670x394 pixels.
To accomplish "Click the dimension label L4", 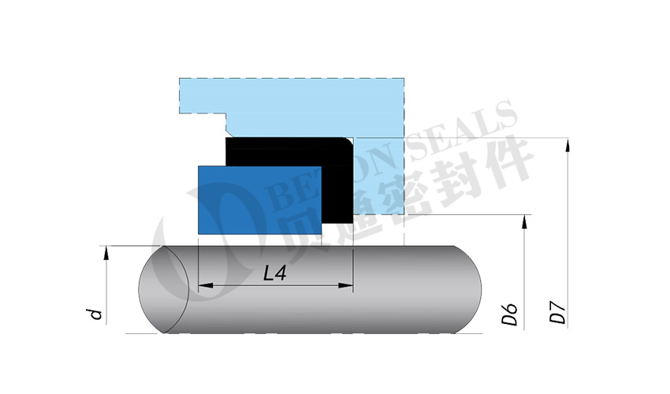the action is click(275, 273).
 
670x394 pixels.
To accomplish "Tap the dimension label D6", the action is click(509, 314).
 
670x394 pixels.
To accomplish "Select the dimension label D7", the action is click(557, 312).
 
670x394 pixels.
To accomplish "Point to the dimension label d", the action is click(96, 314).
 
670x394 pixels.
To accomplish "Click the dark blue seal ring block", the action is click(260, 200).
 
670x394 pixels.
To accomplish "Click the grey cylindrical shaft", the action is click(310, 289).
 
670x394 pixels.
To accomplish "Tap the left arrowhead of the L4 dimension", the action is click(206, 285).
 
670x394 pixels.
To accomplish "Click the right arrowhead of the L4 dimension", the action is click(346, 285).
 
